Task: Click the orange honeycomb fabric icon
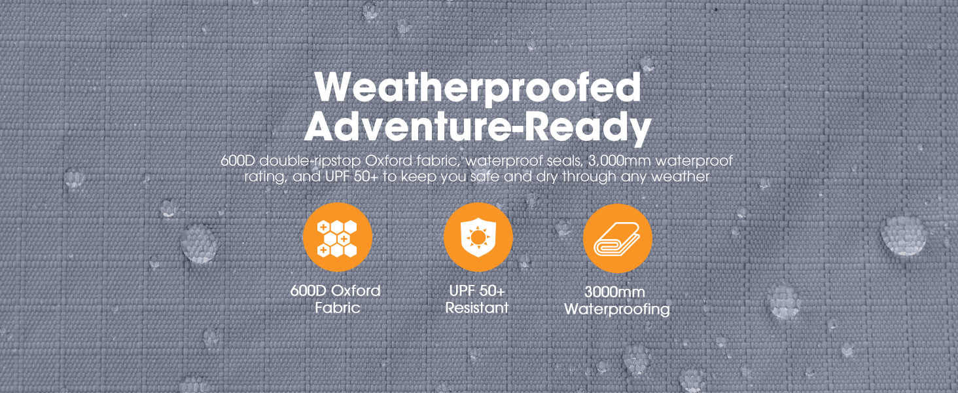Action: coord(338,237)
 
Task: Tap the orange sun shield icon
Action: coord(478,237)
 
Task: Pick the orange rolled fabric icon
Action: coord(618,238)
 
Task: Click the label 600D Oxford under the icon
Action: coord(335,291)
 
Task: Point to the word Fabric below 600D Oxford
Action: coord(338,308)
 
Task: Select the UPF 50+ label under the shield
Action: coord(477,291)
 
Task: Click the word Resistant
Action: coord(477,308)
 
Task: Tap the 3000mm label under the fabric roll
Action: coord(614,292)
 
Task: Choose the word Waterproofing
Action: coord(616,309)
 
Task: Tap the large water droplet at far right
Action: coord(903,236)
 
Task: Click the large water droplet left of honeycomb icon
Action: coord(198,244)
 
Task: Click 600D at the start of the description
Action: coord(238,161)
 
